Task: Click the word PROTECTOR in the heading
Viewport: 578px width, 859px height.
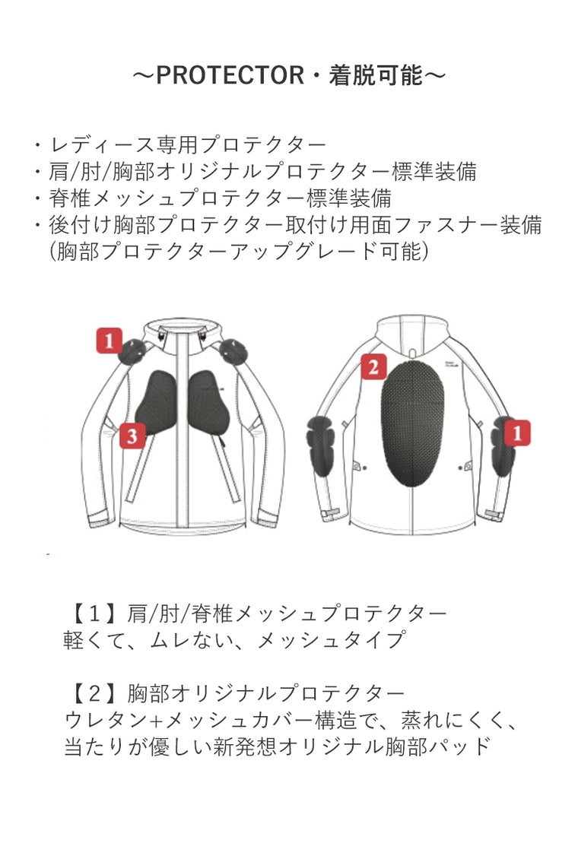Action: [x=230, y=75]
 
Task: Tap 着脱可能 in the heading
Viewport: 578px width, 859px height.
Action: [x=376, y=75]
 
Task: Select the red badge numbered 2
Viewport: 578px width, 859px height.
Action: [x=373, y=366]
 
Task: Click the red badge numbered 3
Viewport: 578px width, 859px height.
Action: [x=132, y=436]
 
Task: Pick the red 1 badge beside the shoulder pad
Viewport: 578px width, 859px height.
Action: [x=109, y=341]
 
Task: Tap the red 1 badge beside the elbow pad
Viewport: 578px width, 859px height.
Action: [x=516, y=433]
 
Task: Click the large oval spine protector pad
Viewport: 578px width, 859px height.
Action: [x=412, y=422]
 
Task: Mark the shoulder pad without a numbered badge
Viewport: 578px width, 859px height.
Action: [x=233, y=351]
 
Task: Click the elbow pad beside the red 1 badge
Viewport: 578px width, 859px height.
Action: [x=502, y=446]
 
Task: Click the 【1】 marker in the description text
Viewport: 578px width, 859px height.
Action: [x=94, y=614]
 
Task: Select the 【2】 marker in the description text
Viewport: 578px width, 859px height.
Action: [x=94, y=694]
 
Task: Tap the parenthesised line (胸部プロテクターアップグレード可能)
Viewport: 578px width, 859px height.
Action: [x=239, y=252]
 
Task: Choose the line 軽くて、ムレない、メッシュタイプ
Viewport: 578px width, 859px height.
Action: [x=235, y=640]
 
